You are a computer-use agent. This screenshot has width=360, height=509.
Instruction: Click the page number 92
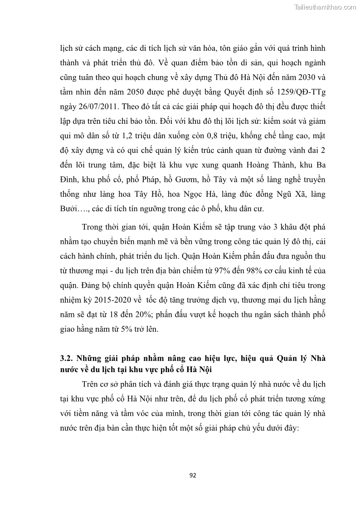192,475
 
